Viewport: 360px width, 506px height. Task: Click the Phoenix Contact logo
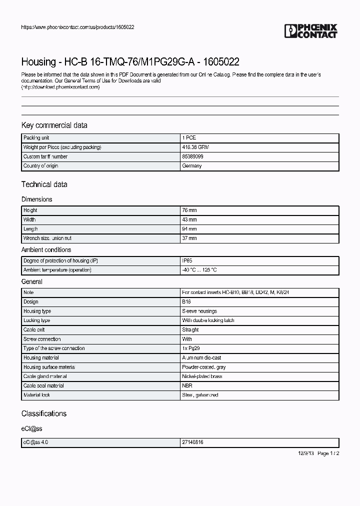311,31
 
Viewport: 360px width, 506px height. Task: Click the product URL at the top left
77,27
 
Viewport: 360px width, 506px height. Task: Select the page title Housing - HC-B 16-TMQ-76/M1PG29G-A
130,62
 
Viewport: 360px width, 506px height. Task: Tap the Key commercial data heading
54,125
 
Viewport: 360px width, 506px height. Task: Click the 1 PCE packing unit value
189,137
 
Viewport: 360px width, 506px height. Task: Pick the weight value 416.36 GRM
194,147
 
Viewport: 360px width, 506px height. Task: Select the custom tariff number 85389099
192,156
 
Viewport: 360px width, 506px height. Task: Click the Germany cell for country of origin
192,166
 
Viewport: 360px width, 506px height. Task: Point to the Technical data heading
44,184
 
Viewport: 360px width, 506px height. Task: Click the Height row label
30,210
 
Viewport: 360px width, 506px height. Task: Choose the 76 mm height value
189,210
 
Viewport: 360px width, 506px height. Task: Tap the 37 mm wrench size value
189,238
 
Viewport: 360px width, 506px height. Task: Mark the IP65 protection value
187,260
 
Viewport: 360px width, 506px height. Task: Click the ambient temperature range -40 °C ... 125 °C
199,270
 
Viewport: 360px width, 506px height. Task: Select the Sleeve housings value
199,311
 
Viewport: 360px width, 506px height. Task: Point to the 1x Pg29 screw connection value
191,348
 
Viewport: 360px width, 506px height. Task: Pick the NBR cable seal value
187,385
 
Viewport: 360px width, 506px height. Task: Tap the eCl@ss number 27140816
192,442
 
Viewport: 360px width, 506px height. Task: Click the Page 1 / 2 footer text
328,453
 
